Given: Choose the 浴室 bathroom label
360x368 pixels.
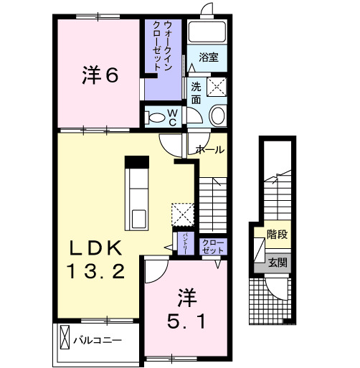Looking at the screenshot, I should (208, 55).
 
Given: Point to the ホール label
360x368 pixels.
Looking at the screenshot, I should (210, 150).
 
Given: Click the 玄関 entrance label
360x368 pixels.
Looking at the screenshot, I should (278, 263).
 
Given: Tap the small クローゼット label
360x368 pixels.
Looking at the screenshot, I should (213, 246).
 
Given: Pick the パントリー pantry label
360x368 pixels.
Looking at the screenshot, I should (184, 242).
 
